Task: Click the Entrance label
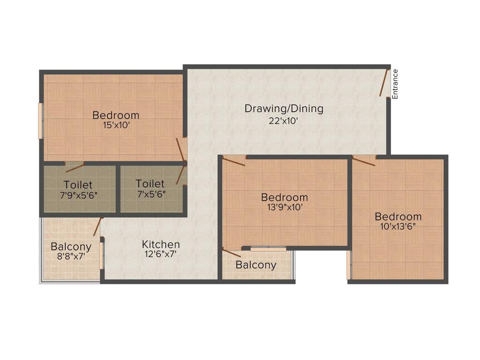coord(395,84)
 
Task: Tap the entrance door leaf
coord(384,82)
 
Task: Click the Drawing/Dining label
coord(284,109)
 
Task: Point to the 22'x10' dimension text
coord(284,120)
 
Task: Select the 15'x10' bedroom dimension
coord(116,125)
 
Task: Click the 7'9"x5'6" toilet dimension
coord(78,195)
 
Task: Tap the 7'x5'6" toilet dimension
coord(150,193)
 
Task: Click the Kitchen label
coord(161,244)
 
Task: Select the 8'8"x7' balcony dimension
coord(71,256)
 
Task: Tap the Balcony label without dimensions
coord(256,265)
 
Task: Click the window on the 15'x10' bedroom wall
coord(40,120)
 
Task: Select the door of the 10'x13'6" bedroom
coord(364,162)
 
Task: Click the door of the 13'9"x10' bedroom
coord(233,162)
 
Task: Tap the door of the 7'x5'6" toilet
coord(180,175)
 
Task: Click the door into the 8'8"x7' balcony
coord(98,226)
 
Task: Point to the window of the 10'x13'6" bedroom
coord(348,265)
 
